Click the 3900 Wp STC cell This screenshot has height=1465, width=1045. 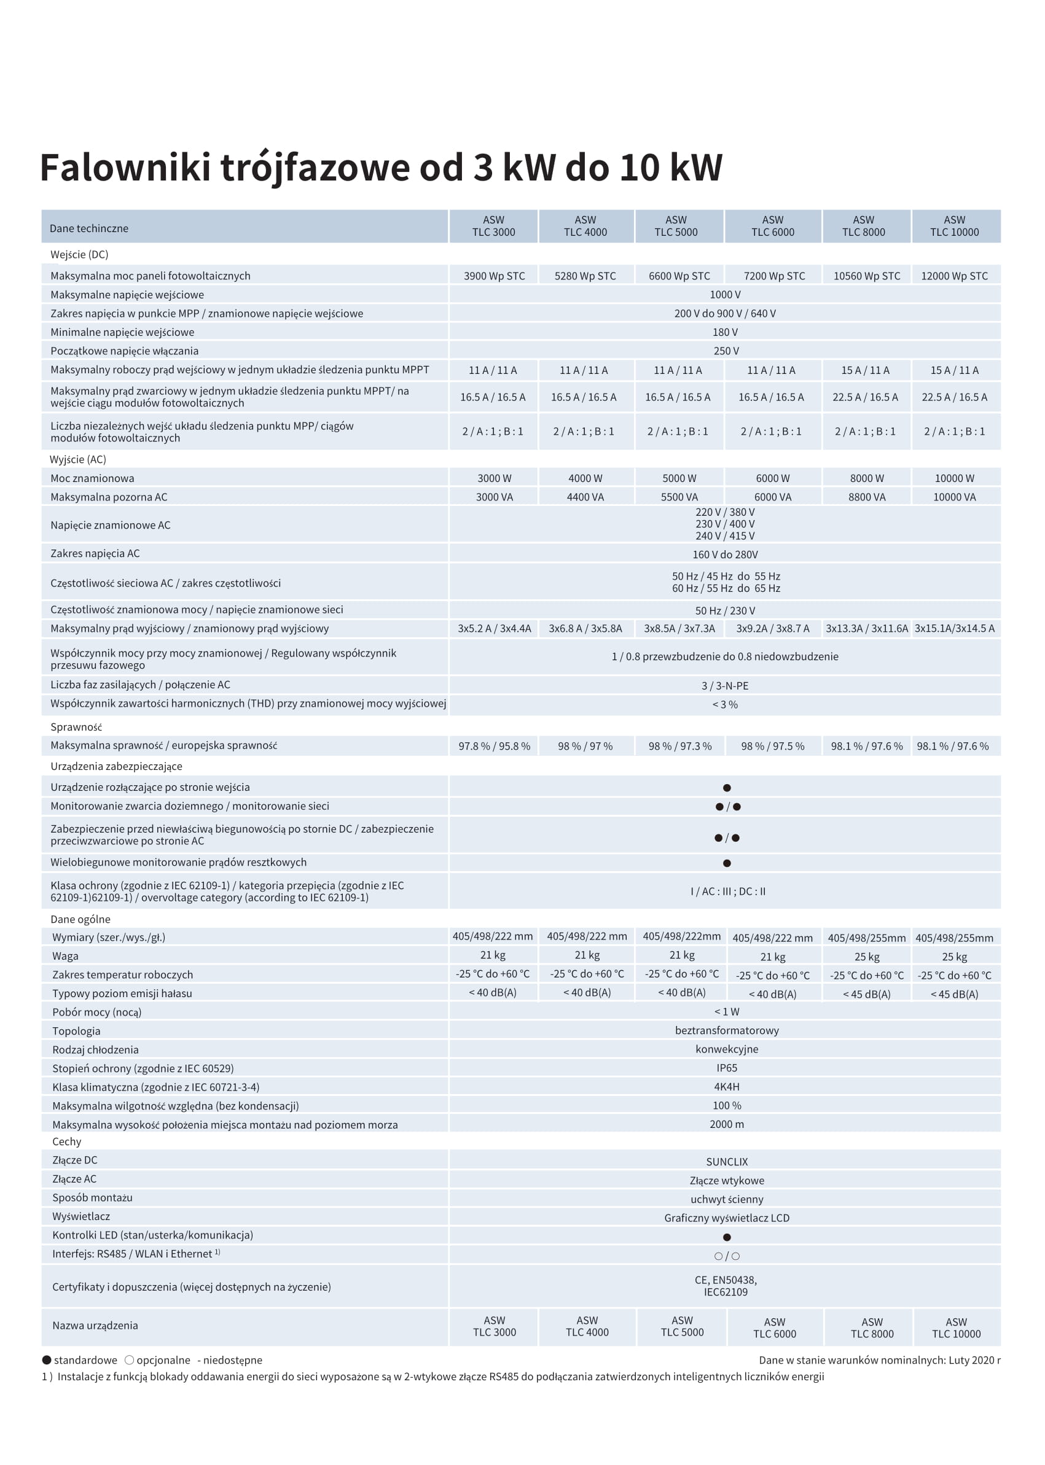coord(493,276)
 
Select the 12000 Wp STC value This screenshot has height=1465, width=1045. coord(953,276)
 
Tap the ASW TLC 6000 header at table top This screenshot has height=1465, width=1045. coord(772,226)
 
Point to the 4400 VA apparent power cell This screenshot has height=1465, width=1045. coord(585,497)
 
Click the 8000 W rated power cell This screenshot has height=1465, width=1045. coord(866,478)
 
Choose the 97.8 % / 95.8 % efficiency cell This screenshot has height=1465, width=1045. coord(493,746)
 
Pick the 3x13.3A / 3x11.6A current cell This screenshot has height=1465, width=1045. coord(866,628)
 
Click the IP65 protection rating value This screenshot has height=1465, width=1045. coord(727,1068)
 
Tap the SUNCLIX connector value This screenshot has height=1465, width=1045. coord(727,1162)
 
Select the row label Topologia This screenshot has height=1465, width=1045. coord(76,1031)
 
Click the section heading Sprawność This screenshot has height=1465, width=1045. coord(76,727)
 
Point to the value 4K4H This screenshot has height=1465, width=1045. coord(727,1086)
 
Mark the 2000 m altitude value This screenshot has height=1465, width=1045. coord(727,1124)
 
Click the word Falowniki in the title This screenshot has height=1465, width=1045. coord(125,167)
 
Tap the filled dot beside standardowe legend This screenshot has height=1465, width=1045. coord(47,1359)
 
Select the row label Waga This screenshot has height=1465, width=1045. coord(65,955)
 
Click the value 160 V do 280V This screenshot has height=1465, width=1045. coord(724,554)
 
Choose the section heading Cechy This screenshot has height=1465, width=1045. coord(67,1141)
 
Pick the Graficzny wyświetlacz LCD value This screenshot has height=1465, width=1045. coord(727,1218)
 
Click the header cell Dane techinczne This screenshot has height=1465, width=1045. coord(89,228)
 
